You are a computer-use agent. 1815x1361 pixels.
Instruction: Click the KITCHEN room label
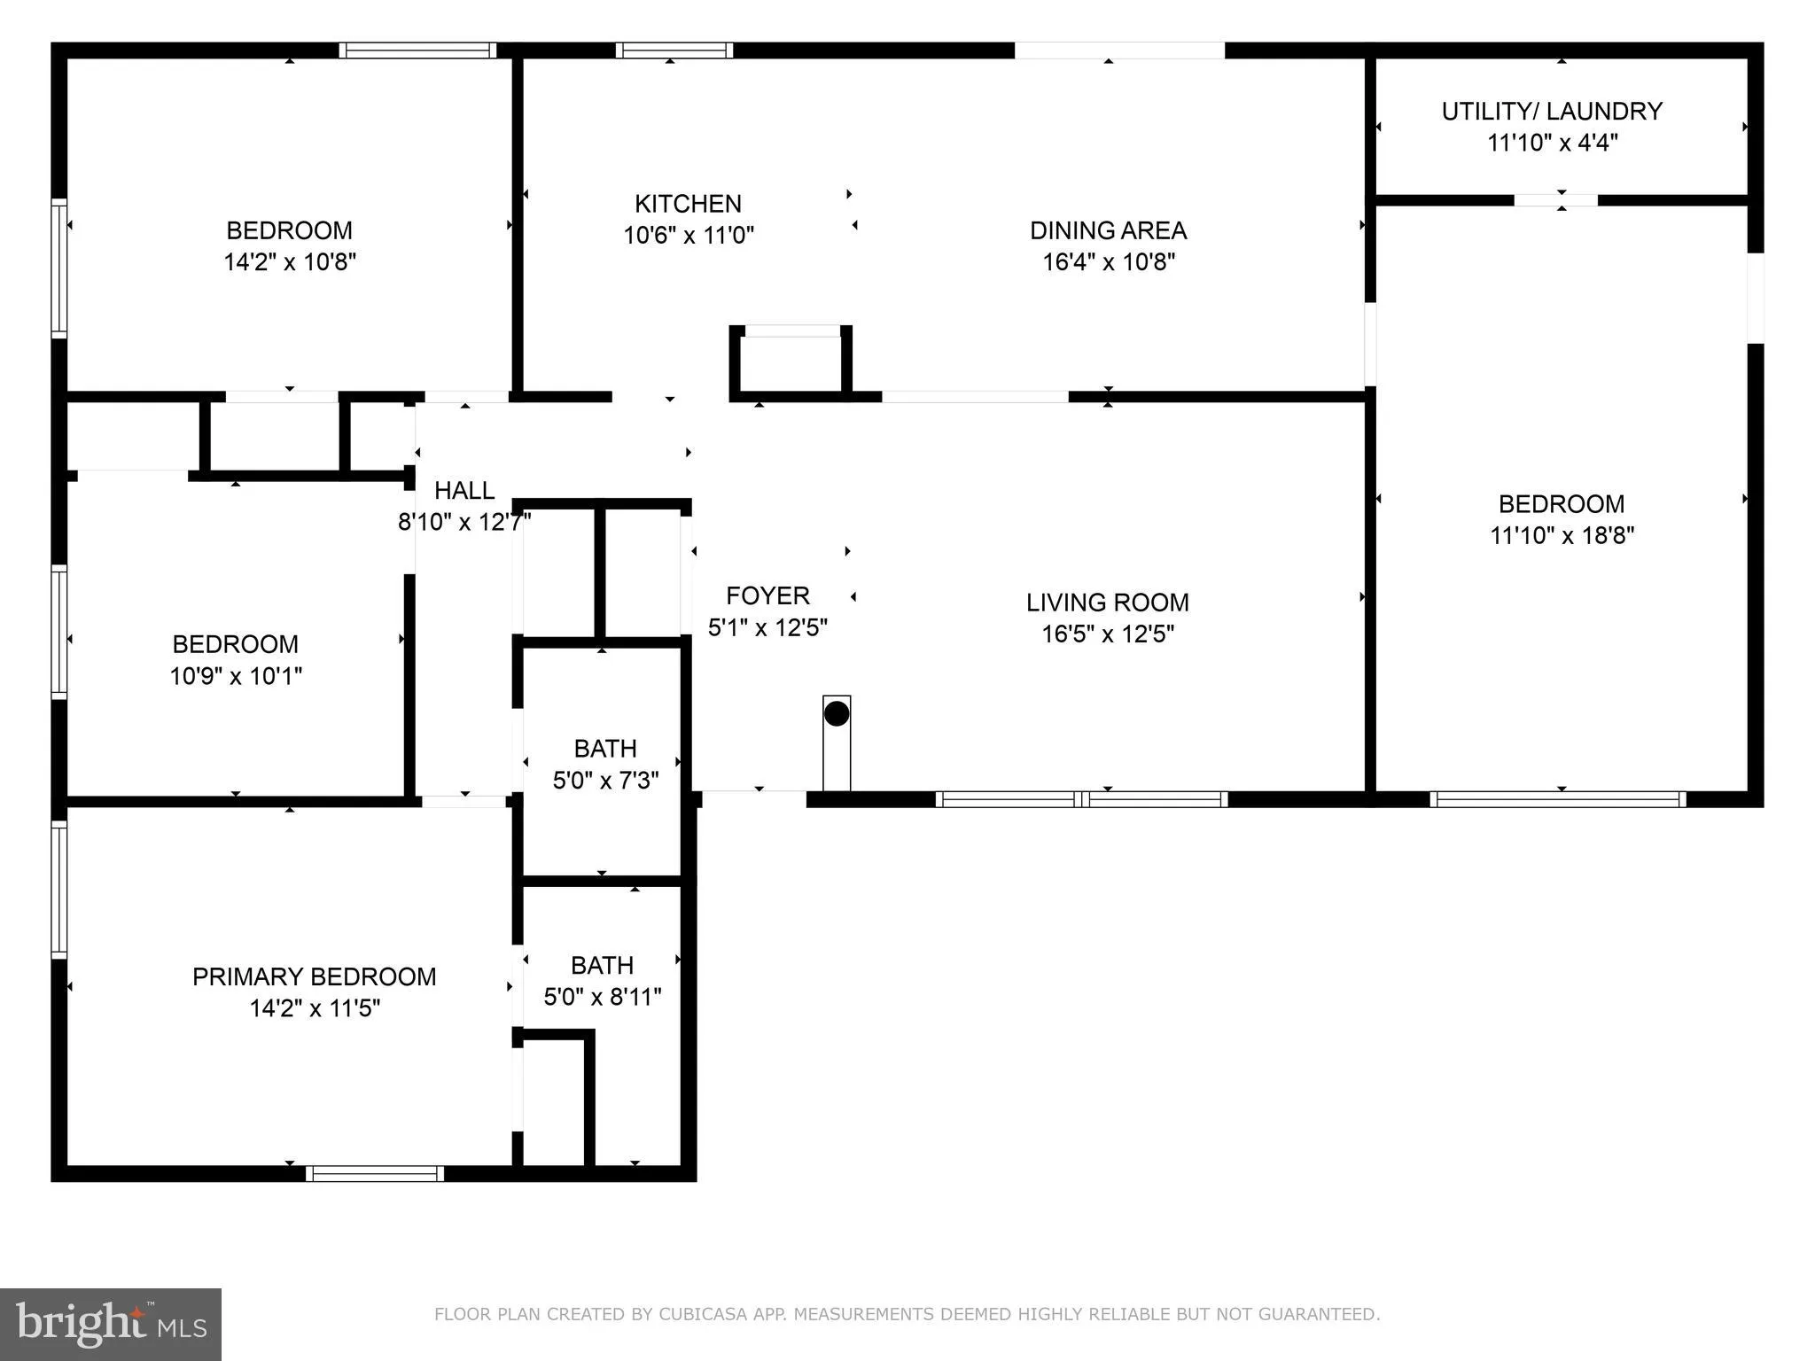point(688,204)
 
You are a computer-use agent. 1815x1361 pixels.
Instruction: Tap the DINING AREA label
point(1108,230)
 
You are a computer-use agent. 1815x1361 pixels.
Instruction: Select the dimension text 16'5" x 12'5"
point(1108,634)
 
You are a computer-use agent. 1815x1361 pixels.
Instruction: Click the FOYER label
point(767,595)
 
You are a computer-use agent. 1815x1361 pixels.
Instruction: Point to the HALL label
point(464,490)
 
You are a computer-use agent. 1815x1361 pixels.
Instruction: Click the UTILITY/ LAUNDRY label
point(1552,112)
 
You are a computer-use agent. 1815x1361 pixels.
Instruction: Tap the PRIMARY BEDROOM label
point(314,976)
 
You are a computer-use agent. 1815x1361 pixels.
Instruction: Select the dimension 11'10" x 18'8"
point(1562,535)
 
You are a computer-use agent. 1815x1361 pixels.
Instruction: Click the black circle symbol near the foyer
point(837,713)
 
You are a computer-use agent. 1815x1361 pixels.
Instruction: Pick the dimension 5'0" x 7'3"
point(605,781)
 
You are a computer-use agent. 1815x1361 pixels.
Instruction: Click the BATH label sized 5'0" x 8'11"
point(602,965)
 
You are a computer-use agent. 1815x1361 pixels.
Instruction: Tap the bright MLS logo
point(111,1324)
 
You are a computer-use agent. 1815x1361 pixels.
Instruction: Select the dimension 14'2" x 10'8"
point(290,261)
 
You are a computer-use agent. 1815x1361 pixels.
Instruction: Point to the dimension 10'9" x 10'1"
point(236,676)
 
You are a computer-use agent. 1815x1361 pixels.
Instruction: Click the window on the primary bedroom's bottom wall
point(375,1174)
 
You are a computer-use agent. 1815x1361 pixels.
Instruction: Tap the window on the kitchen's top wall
point(674,51)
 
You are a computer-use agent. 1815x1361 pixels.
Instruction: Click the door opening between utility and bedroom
point(1555,200)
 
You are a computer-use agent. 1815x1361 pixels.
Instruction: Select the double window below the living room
point(1081,799)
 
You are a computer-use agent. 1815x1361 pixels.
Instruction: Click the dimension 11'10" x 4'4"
point(1552,143)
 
